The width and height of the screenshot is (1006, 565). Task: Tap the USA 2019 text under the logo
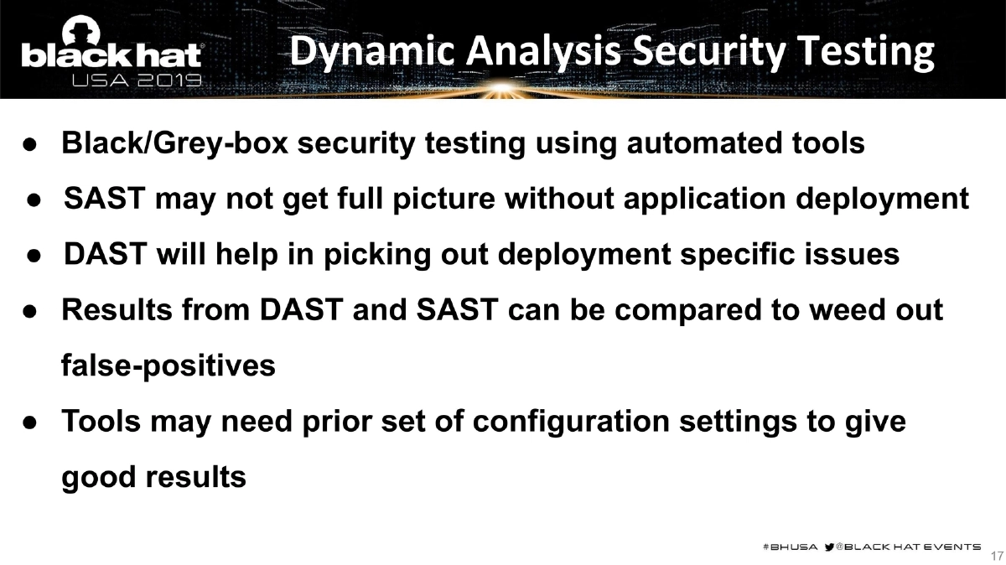[137, 81]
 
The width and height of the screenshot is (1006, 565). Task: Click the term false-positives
[169, 365]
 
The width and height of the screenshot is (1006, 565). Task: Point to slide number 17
[996, 556]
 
